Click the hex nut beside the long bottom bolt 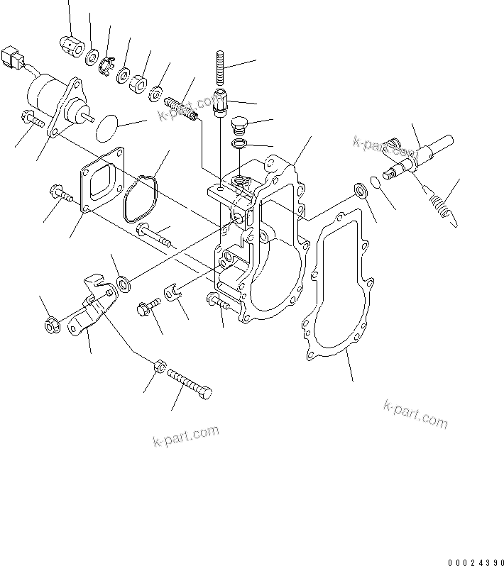[160, 367]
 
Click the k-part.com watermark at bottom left [186, 436]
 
